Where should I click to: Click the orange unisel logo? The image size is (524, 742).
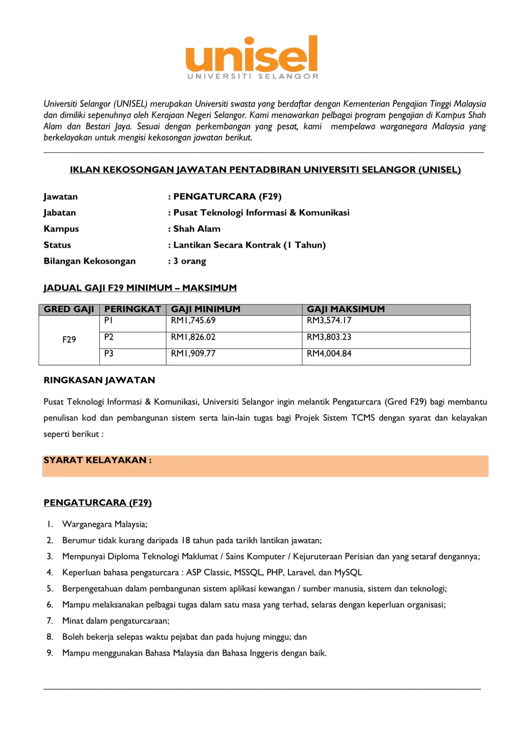[252, 57]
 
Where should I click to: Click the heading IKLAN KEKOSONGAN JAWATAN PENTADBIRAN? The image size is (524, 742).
[265, 170]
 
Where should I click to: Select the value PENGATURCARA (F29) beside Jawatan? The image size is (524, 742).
[227, 197]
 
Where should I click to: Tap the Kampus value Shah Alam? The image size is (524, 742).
[197, 229]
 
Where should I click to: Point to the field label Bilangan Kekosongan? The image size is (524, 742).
[90, 261]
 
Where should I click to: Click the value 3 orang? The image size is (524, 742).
[189, 261]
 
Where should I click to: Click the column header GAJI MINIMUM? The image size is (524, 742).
[206, 309]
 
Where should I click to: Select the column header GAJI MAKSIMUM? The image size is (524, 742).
[345, 309]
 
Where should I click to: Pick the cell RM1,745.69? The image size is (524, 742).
[193, 321]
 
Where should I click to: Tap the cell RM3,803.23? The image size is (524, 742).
[329, 337]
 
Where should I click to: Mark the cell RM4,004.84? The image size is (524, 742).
[329, 354]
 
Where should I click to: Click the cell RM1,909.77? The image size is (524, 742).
[193, 354]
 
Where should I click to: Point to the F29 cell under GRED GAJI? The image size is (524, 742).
[69, 340]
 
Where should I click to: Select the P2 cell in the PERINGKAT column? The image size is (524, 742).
[109, 337]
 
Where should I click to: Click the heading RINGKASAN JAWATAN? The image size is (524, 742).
[99, 381]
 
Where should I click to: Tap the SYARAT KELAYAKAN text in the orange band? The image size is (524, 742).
[97, 460]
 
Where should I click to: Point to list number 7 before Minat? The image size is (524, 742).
[50, 621]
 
